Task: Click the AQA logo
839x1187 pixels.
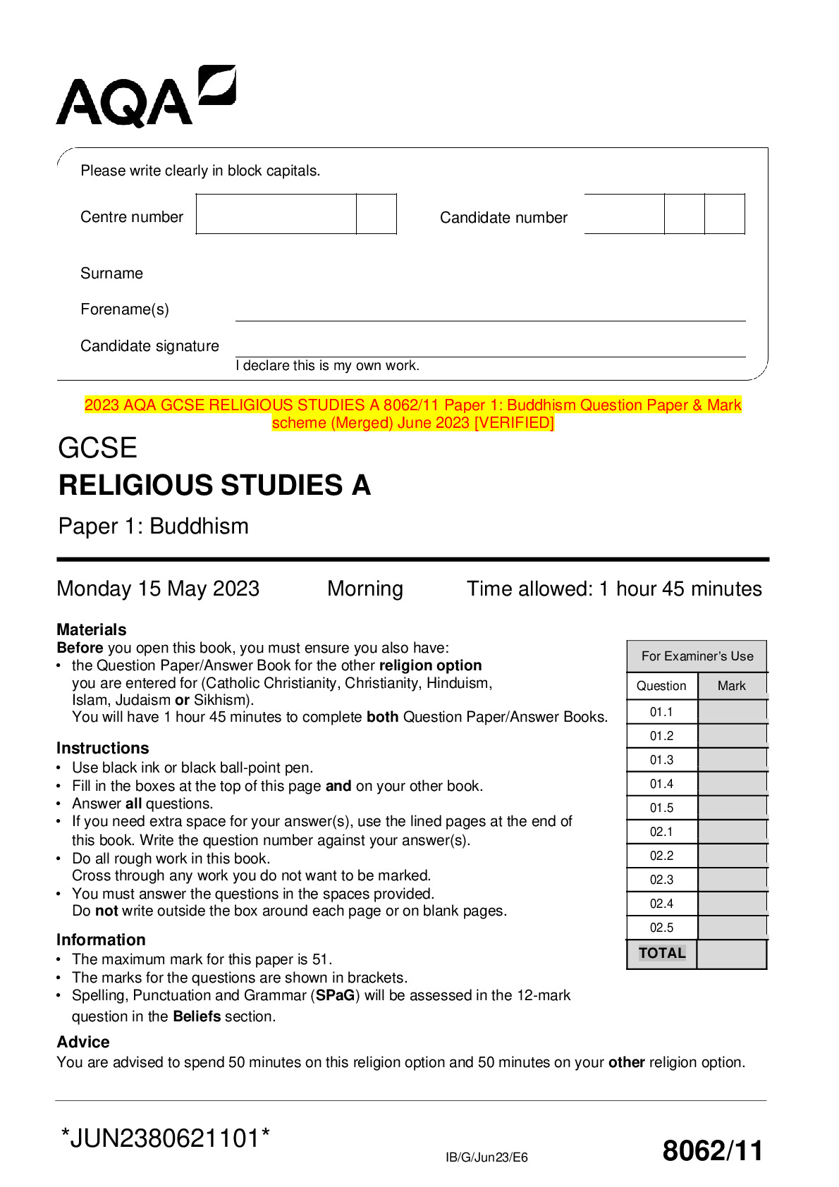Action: click(x=145, y=97)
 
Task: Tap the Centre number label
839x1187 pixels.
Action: click(x=132, y=217)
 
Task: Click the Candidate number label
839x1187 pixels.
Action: click(x=503, y=218)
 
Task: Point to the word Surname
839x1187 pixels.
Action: click(x=111, y=273)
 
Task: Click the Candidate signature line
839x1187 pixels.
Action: click(x=490, y=355)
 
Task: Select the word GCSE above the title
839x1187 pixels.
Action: click(x=97, y=448)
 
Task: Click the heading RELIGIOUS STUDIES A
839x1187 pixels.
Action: click(x=214, y=486)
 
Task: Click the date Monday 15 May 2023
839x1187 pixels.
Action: click(x=158, y=589)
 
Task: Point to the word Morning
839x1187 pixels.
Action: click(x=365, y=589)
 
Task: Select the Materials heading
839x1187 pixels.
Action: click(x=92, y=629)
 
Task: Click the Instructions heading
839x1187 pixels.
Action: click(x=103, y=748)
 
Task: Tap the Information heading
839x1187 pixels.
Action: click(x=101, y=940)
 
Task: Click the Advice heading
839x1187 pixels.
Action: click(x=83, y=1042)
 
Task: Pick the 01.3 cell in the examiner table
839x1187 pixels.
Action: click(x=661, y=760)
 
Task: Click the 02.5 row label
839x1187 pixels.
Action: click(x=661, y=928)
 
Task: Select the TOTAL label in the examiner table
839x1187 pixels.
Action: click(x=661, y=953)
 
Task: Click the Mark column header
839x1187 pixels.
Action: click(x=731, y=686)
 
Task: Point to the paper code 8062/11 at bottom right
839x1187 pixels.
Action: click(x=713, y=1150)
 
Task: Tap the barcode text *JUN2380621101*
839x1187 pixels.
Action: click(x=166, y=1138)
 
